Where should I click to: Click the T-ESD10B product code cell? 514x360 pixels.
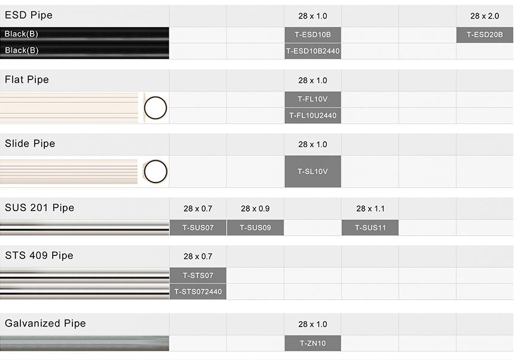pos(313,35)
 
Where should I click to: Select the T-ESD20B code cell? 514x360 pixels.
pos(485,35)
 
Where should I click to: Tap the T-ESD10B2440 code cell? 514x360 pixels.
pos(313,51)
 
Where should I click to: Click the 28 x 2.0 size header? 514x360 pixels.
pos(485,16)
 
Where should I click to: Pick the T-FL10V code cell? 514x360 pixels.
pos(313,99)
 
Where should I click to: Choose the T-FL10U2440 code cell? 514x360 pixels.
pos(313,115)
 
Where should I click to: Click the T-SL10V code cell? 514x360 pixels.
pos(313,171)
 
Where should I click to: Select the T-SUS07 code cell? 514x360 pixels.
pos(198,228)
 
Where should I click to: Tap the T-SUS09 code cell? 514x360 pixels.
pos(256,228)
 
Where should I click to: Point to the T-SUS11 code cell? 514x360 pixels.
pos(370,228)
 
